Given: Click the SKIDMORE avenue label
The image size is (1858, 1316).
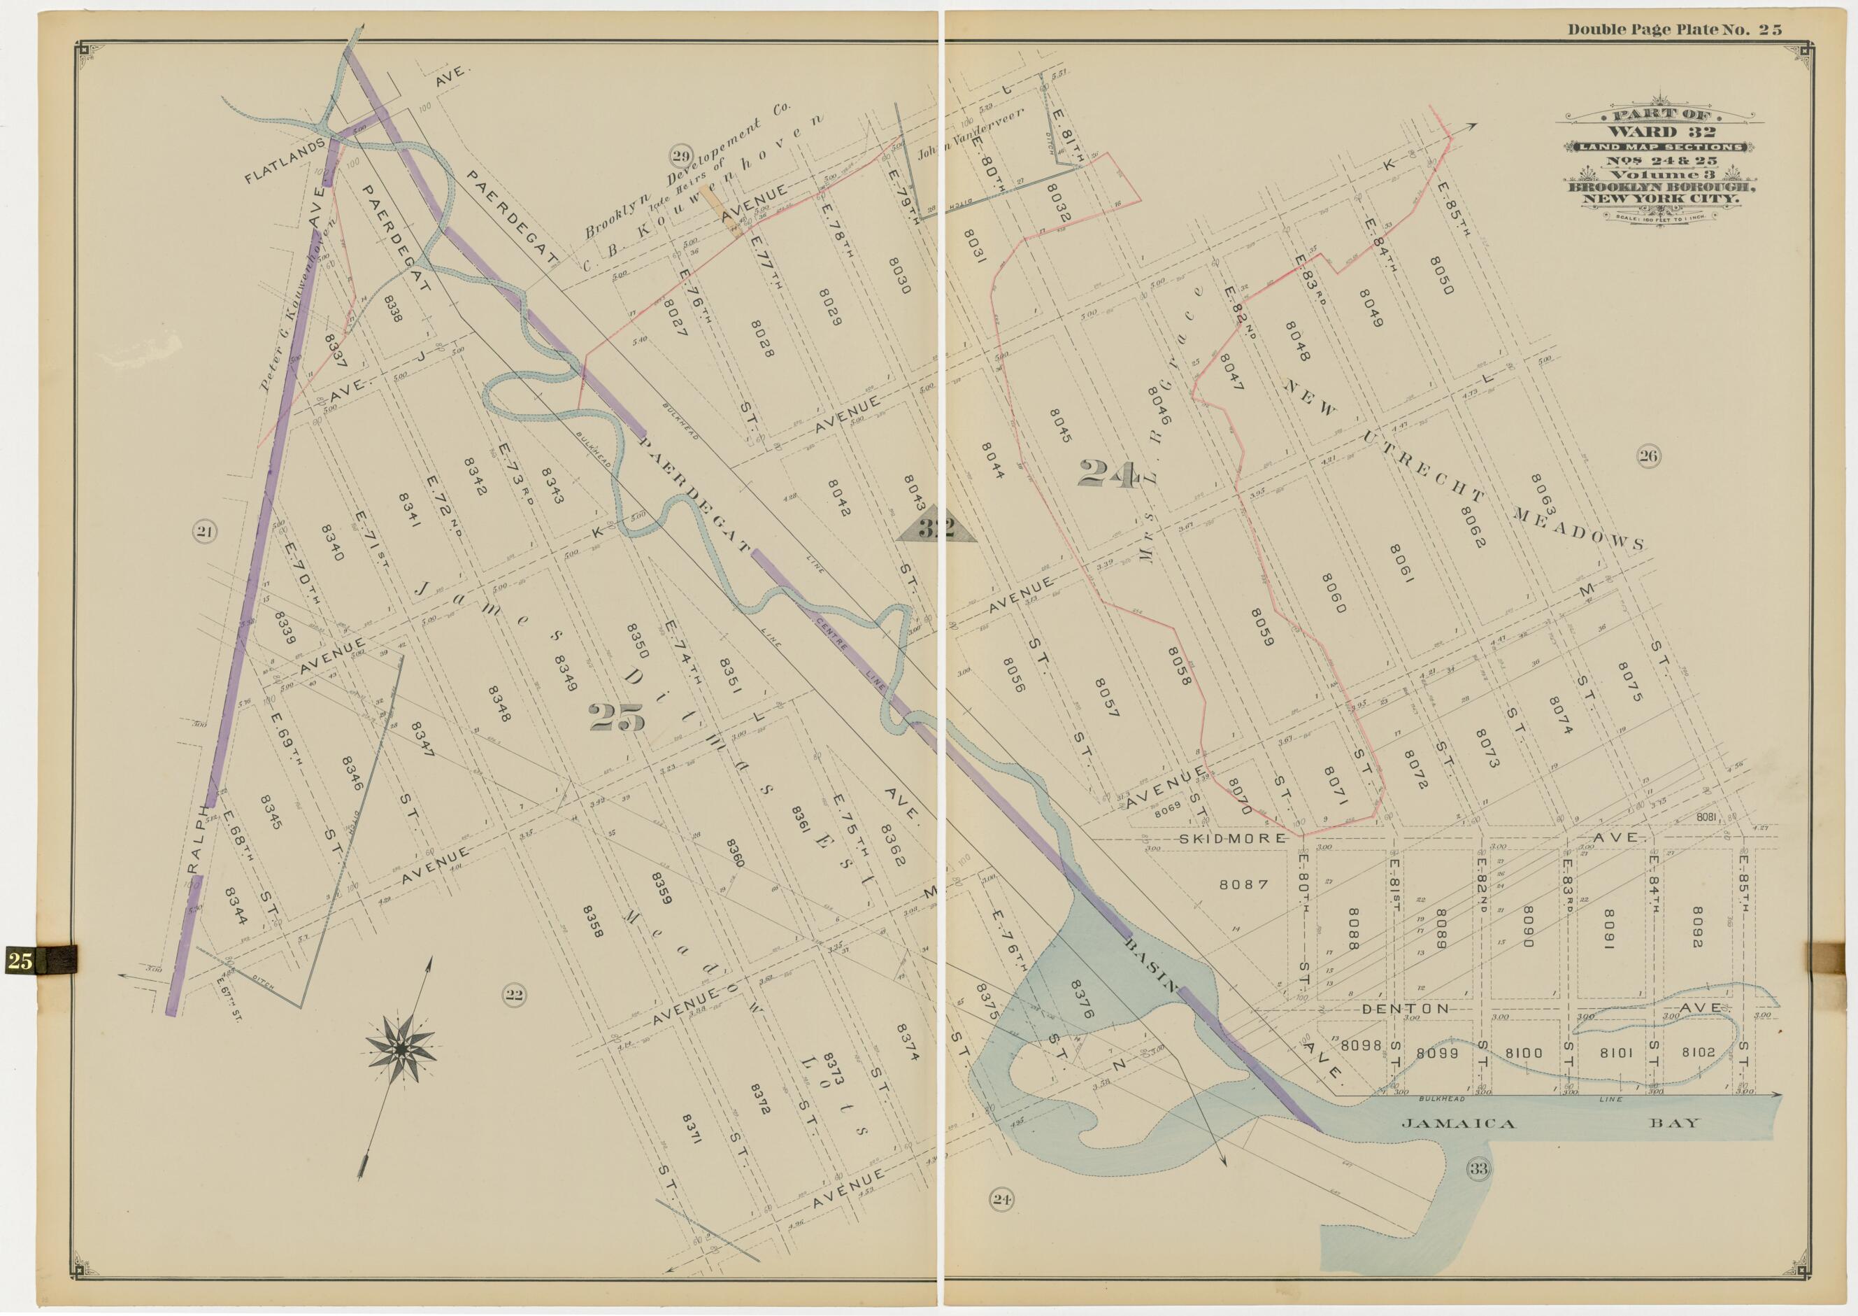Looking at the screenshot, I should coord(1232,838).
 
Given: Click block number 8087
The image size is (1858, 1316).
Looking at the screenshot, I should coord(1243,884).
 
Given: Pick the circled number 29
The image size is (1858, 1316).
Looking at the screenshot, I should coord(680,155).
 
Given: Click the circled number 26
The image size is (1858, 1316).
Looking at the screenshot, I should coord(1648,455).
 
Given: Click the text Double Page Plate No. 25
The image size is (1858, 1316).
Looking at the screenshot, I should coord(1674,30).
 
